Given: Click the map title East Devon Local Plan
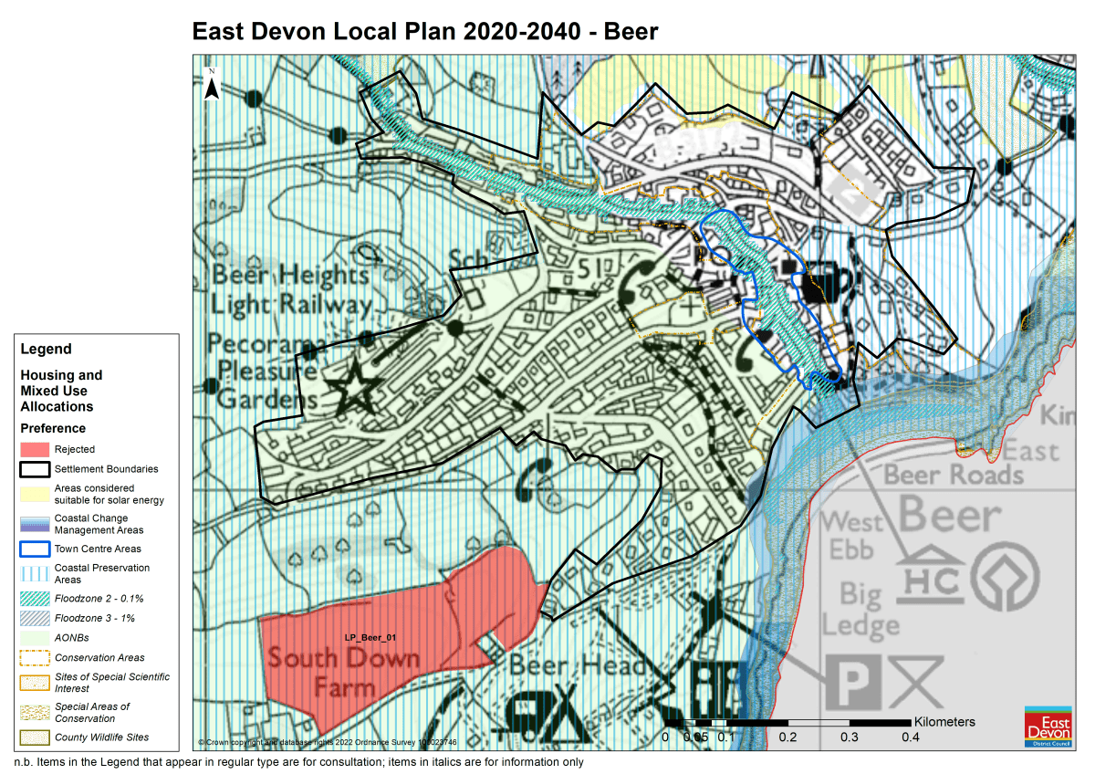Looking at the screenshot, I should pos(424,31).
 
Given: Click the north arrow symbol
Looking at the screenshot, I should pos(212,85).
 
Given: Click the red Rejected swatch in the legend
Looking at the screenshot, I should pos(33,449).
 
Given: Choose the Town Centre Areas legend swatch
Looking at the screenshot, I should pos(33,549).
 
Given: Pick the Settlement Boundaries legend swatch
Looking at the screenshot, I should pos(33,469).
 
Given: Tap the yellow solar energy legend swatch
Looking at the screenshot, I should pos(33,494).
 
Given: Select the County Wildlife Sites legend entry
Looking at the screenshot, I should pos(101,737).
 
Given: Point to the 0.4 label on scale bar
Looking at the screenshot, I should pos(910,737).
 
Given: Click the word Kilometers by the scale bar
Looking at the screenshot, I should pos(944,721).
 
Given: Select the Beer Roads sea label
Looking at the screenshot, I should pos(954,474).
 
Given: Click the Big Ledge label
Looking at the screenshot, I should pos(860,610).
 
